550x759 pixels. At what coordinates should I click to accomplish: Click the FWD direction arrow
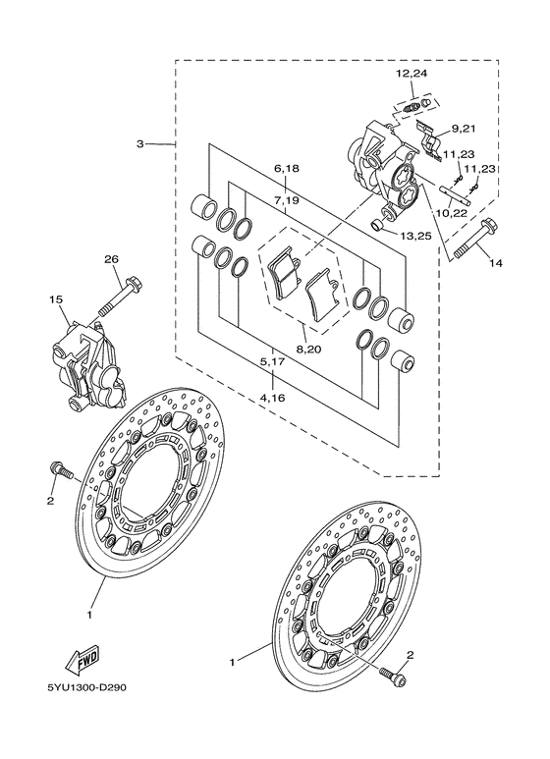point(82,660)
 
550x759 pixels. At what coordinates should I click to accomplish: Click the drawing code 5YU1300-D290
point(86,688)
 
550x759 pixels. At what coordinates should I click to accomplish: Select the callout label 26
point(111,259)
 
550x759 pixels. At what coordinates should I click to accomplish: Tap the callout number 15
point(56,299)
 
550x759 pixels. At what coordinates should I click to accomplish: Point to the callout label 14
point(496,263)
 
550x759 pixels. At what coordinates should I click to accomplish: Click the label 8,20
point(307,349)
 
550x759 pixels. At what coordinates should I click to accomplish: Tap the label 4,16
point(272,399)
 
